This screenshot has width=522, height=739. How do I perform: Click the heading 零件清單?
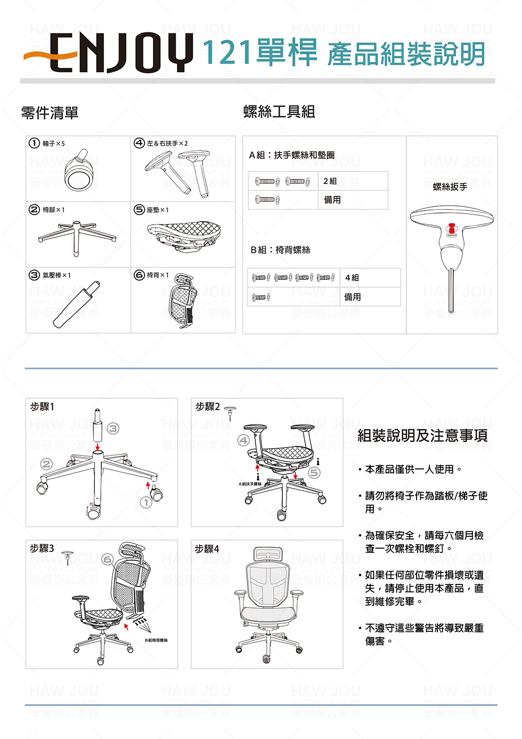[50, 112]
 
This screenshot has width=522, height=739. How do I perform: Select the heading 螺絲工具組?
[279, 111]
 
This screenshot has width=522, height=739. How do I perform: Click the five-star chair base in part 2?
[77, 237]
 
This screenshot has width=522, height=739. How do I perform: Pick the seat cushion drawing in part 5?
[184, 233]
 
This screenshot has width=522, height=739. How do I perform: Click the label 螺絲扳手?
[450, 187]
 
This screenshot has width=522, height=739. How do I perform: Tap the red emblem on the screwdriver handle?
[452, 228]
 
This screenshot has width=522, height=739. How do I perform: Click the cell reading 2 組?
[330, 181]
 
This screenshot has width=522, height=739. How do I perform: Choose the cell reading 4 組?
[352, 277]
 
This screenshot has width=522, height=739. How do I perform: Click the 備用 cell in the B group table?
[352, 297]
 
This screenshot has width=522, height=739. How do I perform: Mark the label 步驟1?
[42, 406]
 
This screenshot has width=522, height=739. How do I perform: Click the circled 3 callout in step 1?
[113, 429]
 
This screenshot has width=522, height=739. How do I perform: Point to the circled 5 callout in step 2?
[314, 473]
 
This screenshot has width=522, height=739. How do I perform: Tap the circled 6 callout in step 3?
[108, 559]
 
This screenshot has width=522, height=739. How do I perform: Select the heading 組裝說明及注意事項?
[422, 435]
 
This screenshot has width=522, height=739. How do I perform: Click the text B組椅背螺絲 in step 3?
[156, 640]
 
